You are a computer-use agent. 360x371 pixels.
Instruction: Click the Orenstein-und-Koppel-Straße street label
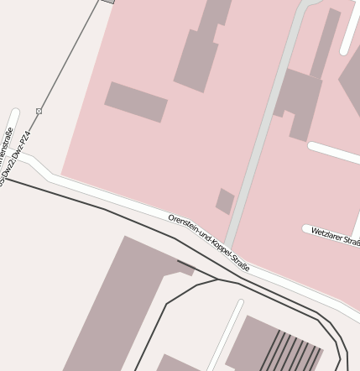coord(208,243)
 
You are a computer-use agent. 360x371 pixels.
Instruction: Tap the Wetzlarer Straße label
coord(335,236)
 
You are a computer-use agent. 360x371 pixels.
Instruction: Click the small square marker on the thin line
coord(39,111)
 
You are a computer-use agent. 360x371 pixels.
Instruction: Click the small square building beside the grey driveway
coord(225,201)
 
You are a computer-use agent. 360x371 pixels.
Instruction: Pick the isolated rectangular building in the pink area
coord(136,102)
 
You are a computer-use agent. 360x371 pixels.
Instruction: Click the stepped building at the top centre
coord(201,46)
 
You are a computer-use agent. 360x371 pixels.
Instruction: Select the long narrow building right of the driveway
coord(326,42)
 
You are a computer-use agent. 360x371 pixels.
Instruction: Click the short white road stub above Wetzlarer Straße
coord(334,153)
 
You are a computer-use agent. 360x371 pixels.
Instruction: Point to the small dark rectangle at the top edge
coord(107,2)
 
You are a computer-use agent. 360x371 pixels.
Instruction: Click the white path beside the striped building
coord(224,336)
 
